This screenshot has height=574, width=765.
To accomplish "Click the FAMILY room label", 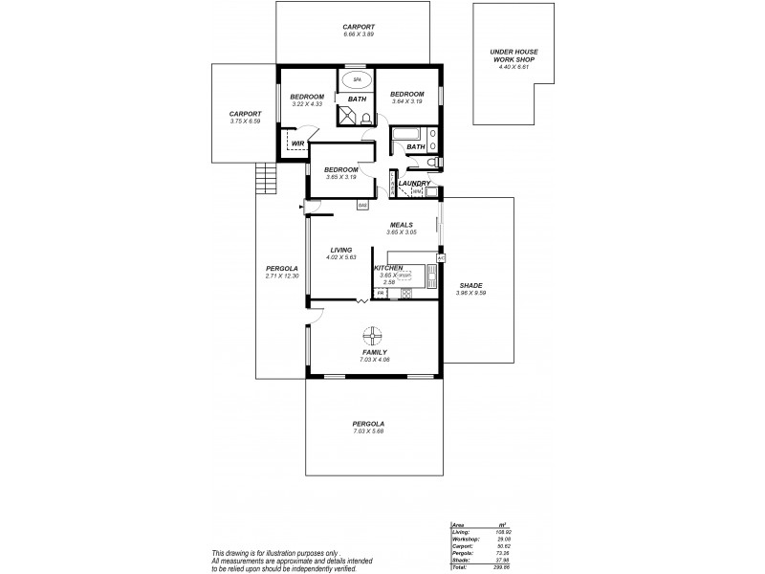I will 374,352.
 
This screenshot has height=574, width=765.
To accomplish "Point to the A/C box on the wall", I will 441,258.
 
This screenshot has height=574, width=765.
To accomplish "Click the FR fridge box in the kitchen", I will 381,294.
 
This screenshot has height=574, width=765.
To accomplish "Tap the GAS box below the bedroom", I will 362,205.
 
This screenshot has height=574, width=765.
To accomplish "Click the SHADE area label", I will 470,285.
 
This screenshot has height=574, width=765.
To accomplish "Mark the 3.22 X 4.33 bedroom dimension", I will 307,103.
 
